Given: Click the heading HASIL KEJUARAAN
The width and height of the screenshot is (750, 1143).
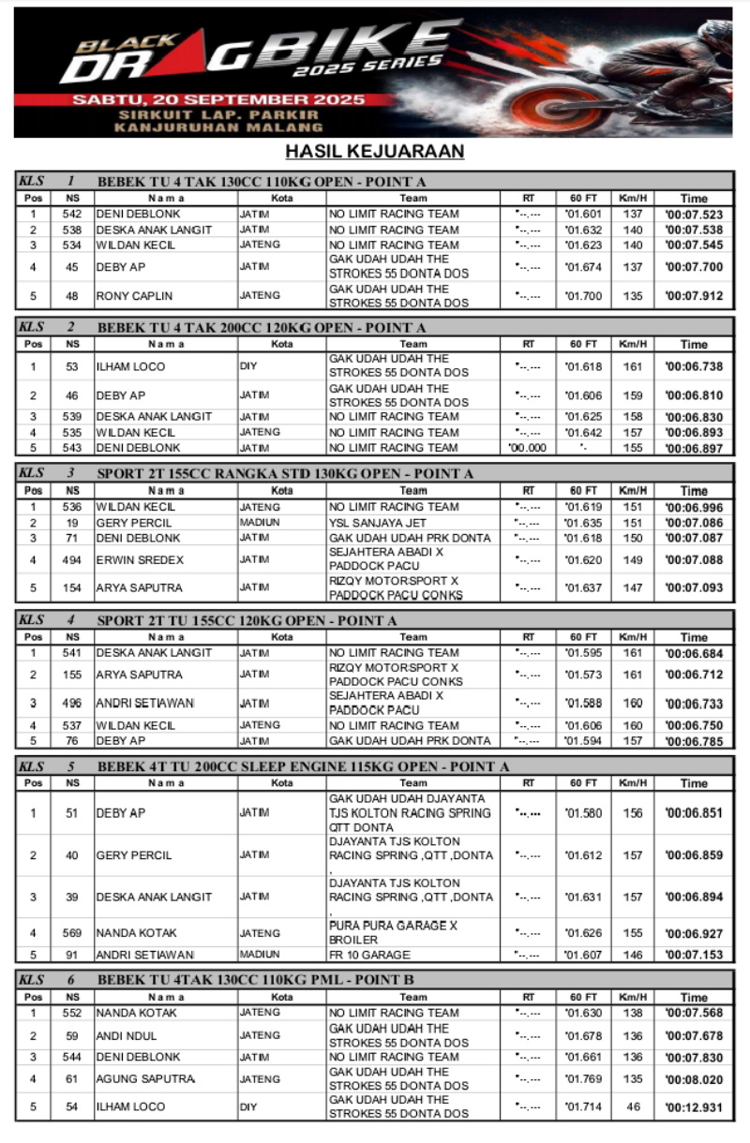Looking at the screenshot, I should pos(375,152).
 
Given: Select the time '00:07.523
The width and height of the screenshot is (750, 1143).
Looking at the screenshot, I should pos(694,215).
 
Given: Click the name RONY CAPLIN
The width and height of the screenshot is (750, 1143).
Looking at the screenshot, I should pos(134,296).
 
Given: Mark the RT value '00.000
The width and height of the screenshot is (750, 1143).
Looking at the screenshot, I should pos(528,448).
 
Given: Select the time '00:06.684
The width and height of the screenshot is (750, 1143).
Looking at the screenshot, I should pos(694,653).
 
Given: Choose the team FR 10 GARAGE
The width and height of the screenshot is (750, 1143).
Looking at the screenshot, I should pos(369,956).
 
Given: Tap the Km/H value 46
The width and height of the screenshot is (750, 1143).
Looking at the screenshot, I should pos(634,1106).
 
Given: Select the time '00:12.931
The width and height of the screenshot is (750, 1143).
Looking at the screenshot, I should pos(694,1107).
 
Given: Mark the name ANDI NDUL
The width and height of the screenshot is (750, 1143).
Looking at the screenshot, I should pos(127,1036).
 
